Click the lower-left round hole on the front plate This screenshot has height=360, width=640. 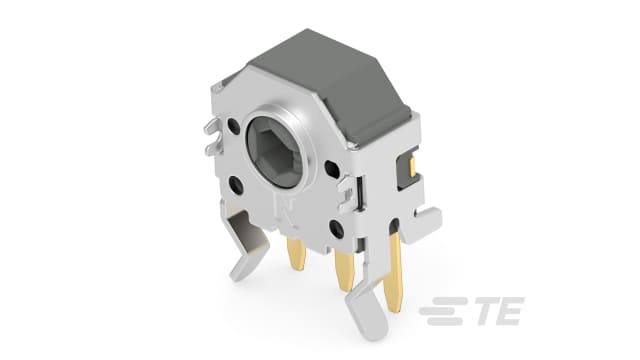[236, 185]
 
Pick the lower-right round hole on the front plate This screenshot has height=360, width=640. [337, 229]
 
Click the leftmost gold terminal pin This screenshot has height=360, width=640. [296, 254]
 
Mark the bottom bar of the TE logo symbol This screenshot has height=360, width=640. [441, 322]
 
